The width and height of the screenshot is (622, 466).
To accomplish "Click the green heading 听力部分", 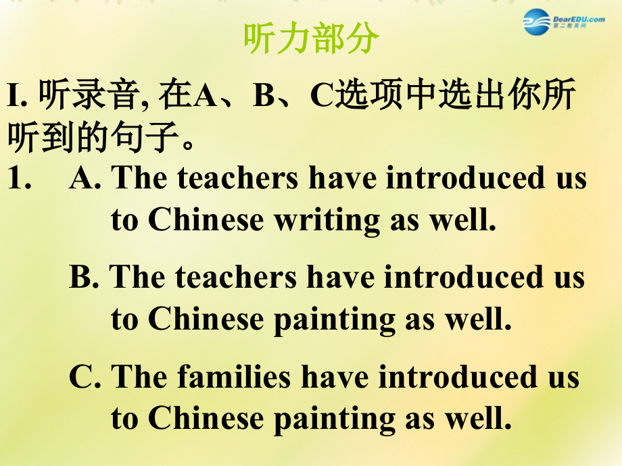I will pyautogui.click(x=310, y=41).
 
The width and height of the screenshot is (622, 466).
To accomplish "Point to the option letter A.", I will pyautogui.click(x=85, y=178).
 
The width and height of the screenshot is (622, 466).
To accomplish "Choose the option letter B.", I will pyautogui.click(x=84, y=278).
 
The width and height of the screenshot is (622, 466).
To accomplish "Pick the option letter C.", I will pyautogui.click(x=85, y=377).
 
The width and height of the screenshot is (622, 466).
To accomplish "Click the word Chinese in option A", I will pyautogui.click(x=206, y=220).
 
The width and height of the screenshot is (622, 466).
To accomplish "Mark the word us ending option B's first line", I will pyautogui.click(x=565, y=278).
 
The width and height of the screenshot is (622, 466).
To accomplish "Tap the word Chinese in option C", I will pyautogui.click(x=206, y=419).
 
